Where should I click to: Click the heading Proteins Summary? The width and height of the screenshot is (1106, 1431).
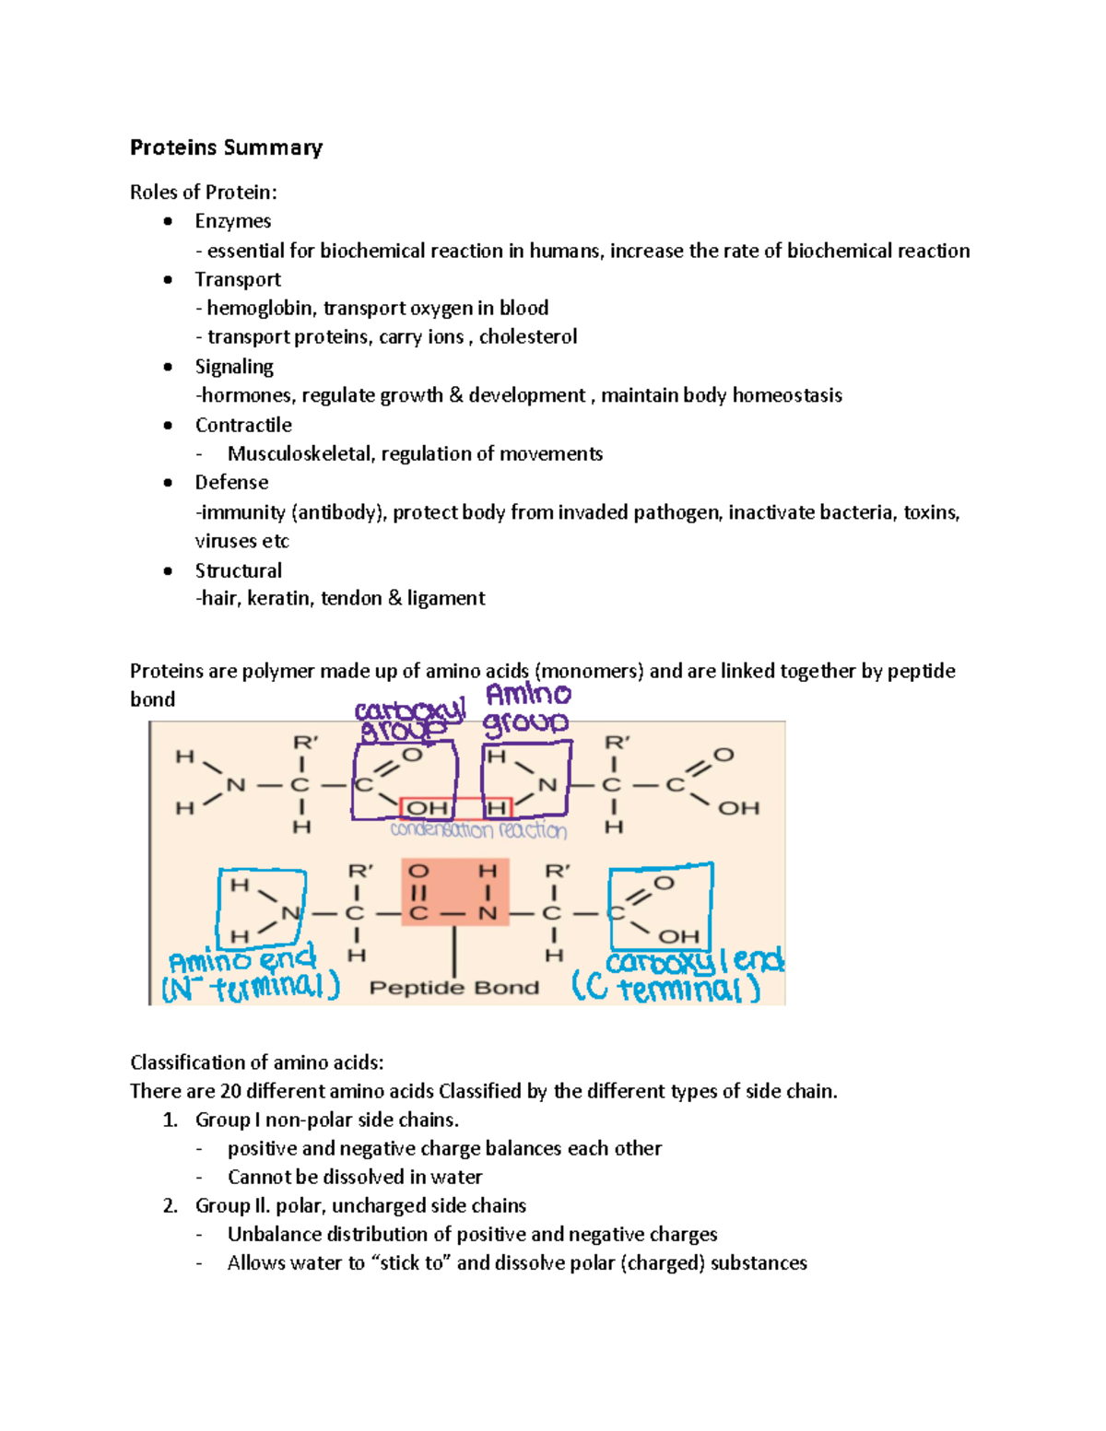click(x=226, y=147)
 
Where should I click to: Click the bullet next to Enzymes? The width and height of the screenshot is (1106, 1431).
click(x=168, y=221)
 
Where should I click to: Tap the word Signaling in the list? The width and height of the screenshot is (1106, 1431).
click(x=234, y=367)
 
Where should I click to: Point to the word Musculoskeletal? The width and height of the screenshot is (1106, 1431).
click(x=300, y=453)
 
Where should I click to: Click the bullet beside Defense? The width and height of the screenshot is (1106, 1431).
click(x=168, y=483)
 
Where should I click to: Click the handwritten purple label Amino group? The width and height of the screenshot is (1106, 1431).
click(x=527, y=709)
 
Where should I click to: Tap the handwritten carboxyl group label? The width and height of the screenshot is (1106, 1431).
click(x=408, y=720)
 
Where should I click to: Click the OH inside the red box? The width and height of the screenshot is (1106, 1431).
click(x=427, y=808)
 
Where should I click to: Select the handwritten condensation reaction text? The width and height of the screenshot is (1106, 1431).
click(x=478, y=830)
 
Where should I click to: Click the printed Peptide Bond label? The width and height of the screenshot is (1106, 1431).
click(x=453, y=988)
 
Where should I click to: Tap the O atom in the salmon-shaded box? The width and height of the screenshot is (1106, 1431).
click(x=418, y=871)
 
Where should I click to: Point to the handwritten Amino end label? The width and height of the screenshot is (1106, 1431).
click(x=241, y=961)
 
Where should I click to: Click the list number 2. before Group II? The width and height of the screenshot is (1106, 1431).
click(x=170, y=1206)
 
